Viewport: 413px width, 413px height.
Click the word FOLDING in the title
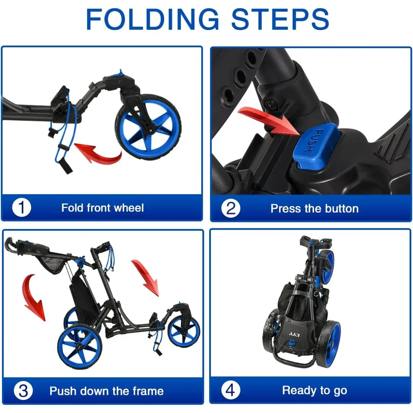pyautogui.click(x=152, y=19)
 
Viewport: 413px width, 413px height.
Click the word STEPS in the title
pyautogui.click(x=280, y=19)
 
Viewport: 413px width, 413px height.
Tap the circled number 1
pyautogui.click(x=22, y=208)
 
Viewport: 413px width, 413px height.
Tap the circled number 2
pyautogui.click(x=231, y=208)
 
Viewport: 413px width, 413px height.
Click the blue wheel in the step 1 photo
pyautogui.click(x=148, y=127)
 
